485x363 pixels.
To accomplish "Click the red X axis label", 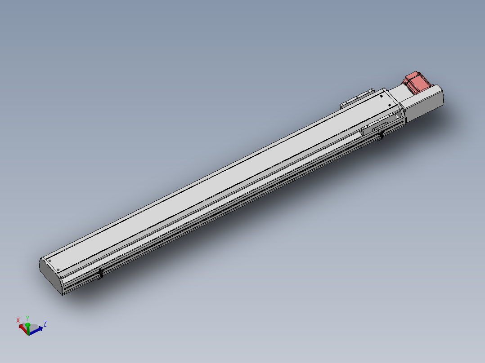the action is [18, 320].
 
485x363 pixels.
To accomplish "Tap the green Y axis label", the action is [27, 318].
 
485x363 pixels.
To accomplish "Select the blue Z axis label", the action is [45, 323].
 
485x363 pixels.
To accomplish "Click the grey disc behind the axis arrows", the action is [32, 327].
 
